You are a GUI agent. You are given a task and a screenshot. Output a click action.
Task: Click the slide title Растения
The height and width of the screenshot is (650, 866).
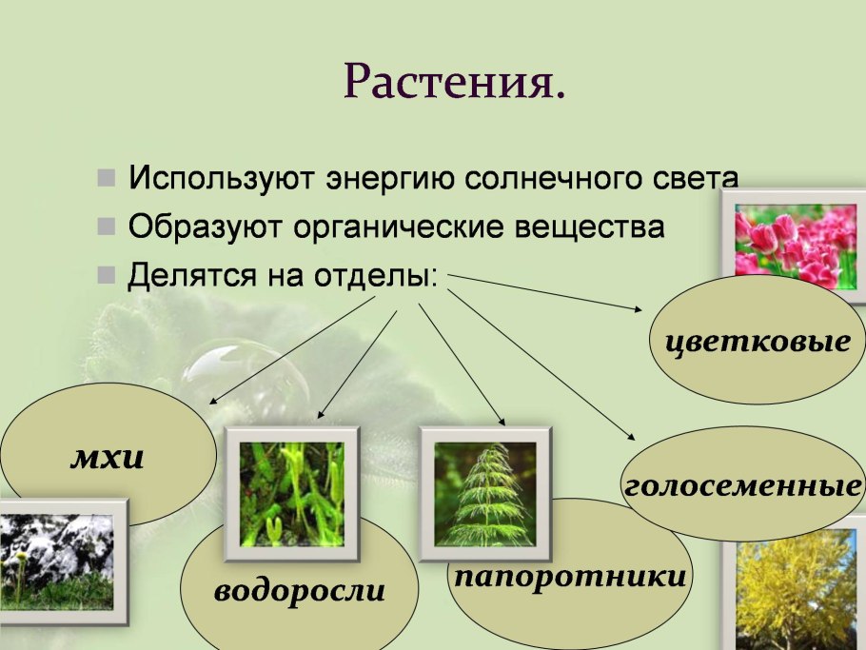coord(454,83)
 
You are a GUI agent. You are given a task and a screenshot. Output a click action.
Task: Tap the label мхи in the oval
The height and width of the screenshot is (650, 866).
coord(107,459)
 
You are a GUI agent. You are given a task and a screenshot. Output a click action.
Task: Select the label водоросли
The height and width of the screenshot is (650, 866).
coord(300,591)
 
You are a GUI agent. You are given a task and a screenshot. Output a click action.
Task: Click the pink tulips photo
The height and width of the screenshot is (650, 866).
coord(795,245)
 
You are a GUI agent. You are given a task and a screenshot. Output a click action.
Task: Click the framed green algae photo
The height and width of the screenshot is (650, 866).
coord(291,493)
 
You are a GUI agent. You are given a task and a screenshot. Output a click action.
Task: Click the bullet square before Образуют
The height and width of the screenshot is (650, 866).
coord(107,227)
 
